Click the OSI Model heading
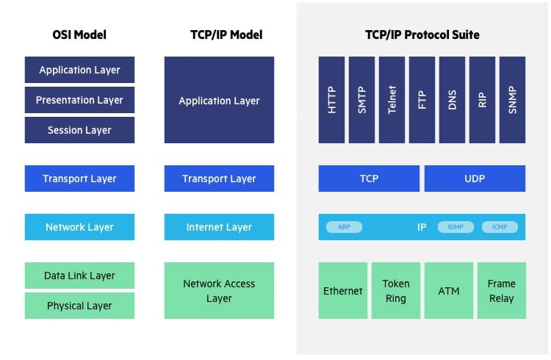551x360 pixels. [79, 35]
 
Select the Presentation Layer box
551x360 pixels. [79, 100]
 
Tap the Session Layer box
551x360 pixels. [79, 130]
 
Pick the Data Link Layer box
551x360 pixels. [79, 276]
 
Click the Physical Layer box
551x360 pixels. [79, 306]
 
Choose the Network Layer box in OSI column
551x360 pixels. [79, 227]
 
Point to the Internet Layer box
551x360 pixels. [219, 227]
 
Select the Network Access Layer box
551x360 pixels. [219, 291]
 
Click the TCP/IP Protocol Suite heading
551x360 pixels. [422, 35]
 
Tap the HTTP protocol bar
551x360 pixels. [332, 100]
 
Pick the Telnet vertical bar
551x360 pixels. [392, 100]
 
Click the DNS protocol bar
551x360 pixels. [453, 100]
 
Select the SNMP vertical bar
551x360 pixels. [512, 100]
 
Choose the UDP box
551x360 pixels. [475, 179]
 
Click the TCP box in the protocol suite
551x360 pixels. [369, 179]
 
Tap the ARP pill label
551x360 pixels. [344, 227]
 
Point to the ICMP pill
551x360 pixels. [500, 227]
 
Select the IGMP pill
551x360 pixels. [455, 227]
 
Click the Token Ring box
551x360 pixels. [396, 291]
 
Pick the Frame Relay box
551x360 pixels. [502, 291]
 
